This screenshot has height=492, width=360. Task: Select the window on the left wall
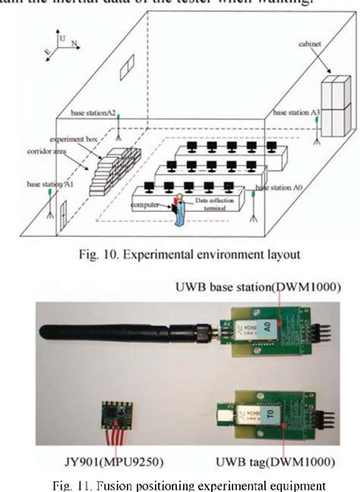(x=130, y=64)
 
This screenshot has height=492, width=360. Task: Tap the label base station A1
(x=49, y=183)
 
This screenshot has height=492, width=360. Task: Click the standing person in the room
(x=179, y=210)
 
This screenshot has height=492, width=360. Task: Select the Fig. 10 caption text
(x=181, y=253)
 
